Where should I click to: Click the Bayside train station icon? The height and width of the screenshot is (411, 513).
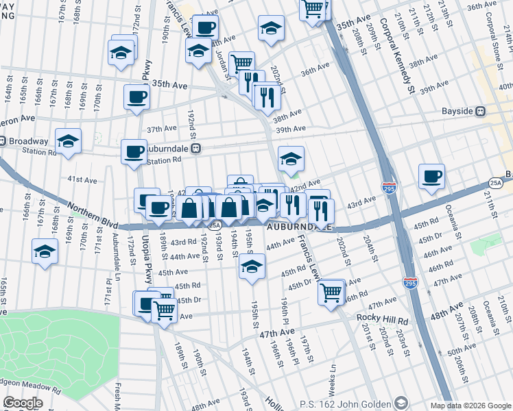tap(481, 111)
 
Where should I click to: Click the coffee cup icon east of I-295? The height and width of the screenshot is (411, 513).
tap(431, 177)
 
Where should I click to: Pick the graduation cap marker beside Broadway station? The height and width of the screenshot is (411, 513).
tap(68, 141)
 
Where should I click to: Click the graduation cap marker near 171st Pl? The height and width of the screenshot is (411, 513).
tap(45, 251)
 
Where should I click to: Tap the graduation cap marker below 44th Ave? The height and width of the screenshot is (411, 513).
tap(252, 267)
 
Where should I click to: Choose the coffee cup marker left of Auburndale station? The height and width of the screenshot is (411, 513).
tap(133, 151)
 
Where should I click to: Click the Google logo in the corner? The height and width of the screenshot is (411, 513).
tap(23, 403)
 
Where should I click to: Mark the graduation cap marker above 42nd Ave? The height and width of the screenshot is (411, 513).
tap(291, 160)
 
